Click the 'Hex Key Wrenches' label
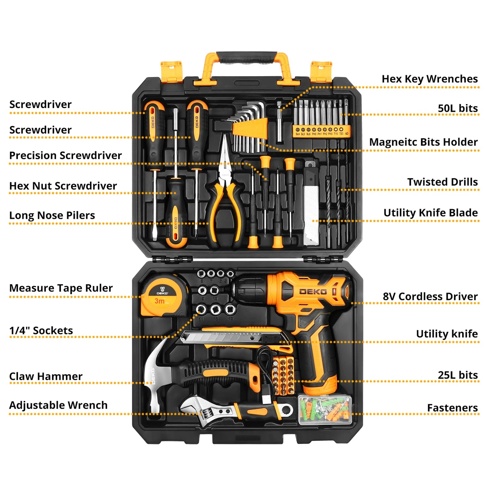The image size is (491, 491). click(x=429, y=79)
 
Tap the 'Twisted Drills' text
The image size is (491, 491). click(x=442, y=182)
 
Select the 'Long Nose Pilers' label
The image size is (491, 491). click(x=52, y=215)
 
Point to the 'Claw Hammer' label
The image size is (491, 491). click(x=46, y=376)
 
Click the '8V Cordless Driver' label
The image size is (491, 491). click(x=430, y=297)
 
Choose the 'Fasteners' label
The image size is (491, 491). click(x=452, y=408)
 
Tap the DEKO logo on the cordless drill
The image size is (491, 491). click(x=313, y=292)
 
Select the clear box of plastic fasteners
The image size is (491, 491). click(x=325, y=409)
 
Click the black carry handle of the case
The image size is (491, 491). click(x=246, y=57)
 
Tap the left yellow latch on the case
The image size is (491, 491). click(x=171, y=71)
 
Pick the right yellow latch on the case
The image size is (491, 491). click(x=321, y=71)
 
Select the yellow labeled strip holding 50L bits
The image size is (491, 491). click(x=321, y=131)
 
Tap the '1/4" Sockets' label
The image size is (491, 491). click(x=41, y=331)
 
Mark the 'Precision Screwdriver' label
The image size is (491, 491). click(x=65, y=156)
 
